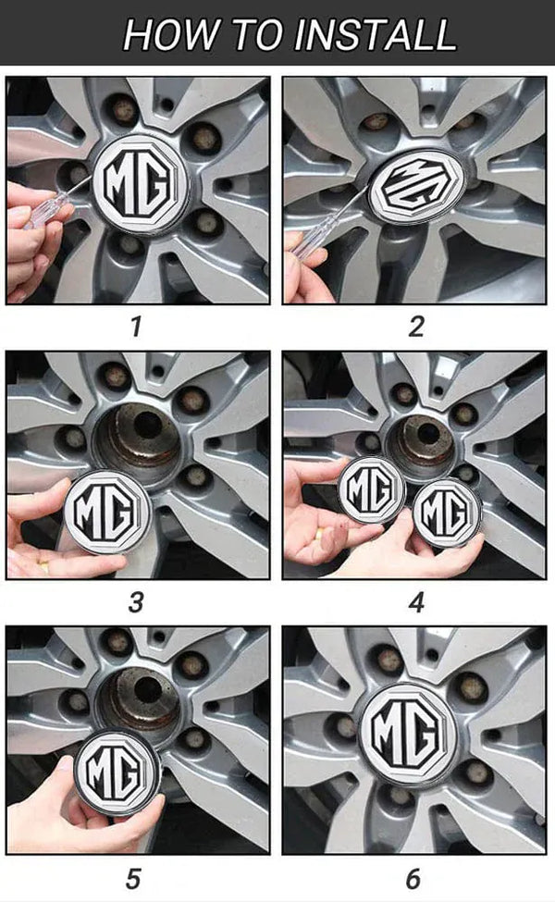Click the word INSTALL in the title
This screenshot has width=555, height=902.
375,34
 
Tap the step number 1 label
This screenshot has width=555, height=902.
136,327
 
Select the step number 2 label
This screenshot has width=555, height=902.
416,327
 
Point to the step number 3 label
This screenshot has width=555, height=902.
136,602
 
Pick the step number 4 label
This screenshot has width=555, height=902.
416,602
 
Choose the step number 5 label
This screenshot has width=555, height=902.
133,879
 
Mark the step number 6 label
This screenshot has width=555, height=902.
413,879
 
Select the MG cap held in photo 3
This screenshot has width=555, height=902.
107,512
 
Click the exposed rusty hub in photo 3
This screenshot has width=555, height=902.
138,439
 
